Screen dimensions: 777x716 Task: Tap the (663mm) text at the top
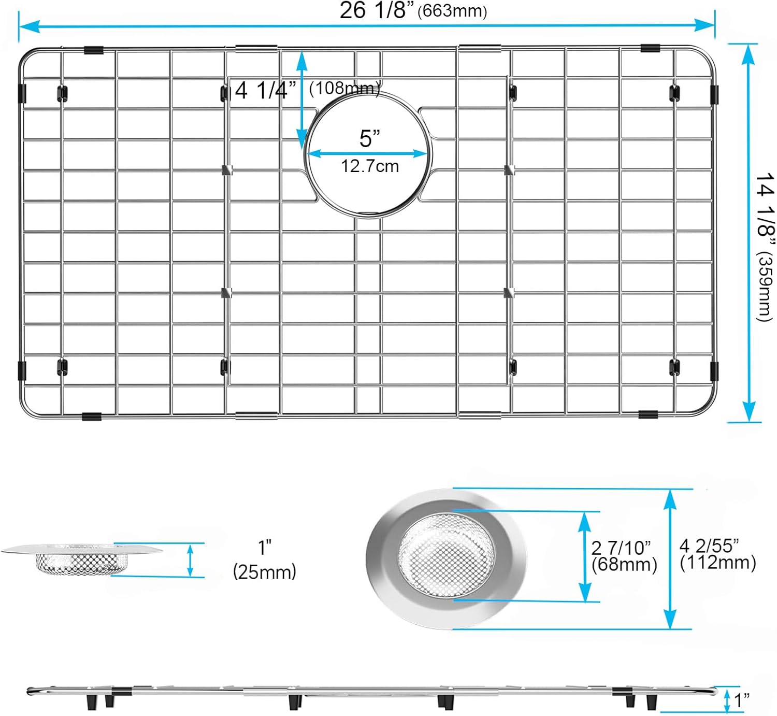pos(452,11)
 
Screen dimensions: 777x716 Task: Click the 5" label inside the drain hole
pos(370,138)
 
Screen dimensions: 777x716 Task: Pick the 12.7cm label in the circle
pos(370,166)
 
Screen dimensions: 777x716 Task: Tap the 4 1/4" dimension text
pos(266,90)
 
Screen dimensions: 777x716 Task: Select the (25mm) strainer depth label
pos(265,572)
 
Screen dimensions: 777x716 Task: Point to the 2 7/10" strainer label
pos(621,548)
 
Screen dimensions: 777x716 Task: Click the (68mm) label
pos(624,564)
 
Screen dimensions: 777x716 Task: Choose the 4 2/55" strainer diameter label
pos(709,546)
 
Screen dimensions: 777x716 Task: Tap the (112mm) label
pos(718,563)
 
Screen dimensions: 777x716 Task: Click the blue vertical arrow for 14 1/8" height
pos(749,233)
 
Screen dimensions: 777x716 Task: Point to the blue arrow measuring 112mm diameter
pos(670,559)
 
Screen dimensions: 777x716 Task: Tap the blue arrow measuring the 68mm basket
pos(584,557)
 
